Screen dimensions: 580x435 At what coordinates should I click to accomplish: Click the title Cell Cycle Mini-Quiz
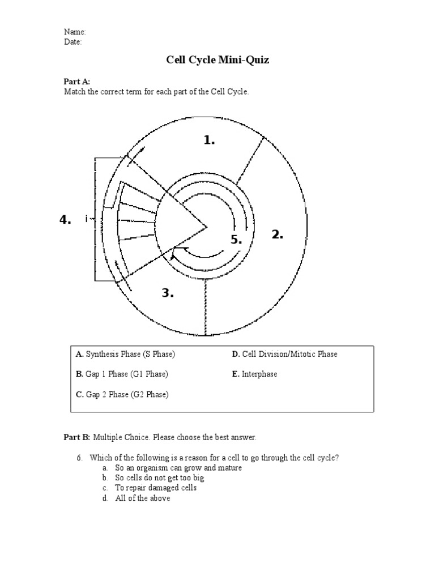217,60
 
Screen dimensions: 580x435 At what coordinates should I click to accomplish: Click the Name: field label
75,32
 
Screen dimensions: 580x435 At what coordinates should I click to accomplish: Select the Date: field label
73,42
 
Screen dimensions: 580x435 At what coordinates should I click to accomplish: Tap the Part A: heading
76,82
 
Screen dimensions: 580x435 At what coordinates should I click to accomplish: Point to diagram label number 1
210,140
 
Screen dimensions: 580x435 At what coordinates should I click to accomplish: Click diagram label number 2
277,234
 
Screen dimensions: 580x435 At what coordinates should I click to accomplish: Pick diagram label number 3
168,293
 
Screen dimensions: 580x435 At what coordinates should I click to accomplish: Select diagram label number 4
65,220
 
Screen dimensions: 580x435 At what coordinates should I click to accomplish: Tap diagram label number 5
236,240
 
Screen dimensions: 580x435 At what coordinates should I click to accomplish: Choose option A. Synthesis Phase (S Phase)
125,354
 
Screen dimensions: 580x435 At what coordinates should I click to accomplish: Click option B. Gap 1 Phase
122,374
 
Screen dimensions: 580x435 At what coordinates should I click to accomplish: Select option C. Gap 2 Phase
122,394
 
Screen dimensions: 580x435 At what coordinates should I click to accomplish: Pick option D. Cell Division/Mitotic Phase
284,354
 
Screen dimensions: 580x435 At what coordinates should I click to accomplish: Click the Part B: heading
76,437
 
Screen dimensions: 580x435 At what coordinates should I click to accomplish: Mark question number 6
80,458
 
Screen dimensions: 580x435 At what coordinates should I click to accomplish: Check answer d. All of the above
142,498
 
